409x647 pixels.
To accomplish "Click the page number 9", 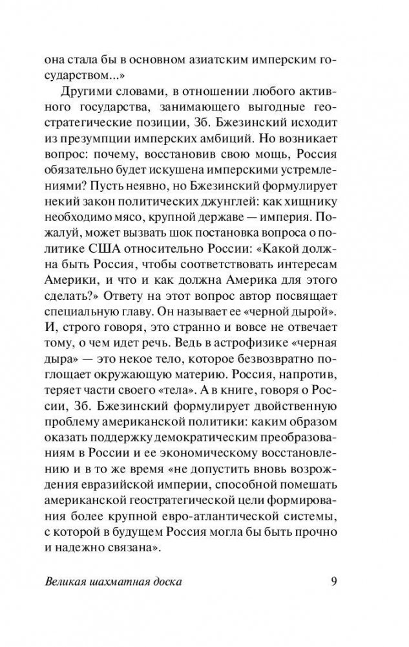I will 333,580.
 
